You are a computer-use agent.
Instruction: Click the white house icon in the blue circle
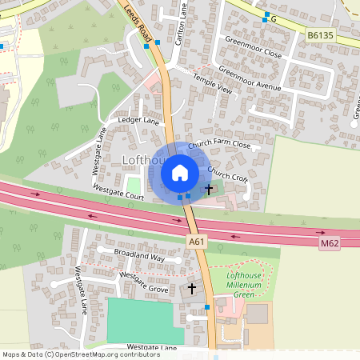click(180, 172)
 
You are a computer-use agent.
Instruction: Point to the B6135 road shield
click(319, 35)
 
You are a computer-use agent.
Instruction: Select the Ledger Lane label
click(139, 121)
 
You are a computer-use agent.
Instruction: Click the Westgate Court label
click(118, 194)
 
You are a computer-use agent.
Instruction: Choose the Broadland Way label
click(138, 258)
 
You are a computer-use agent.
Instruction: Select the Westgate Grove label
click(144, 282)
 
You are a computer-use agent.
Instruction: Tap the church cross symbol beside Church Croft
click(210, 190)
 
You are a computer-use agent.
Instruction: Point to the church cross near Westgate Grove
click(191, 287)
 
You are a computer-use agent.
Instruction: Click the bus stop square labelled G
click(266, 15)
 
